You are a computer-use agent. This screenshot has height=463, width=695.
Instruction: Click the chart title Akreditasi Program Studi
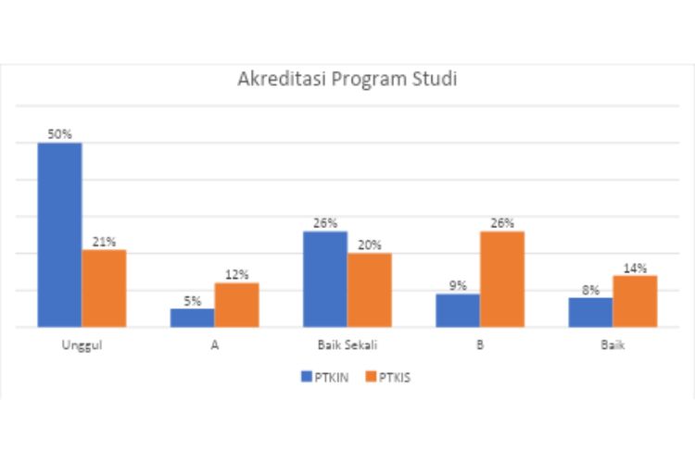[347, 79]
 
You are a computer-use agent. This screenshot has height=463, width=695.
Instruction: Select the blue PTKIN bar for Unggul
[59, 234]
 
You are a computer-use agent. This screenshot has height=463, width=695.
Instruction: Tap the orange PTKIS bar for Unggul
[104, 288]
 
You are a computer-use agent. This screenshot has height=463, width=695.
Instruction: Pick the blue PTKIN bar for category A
[193, 317]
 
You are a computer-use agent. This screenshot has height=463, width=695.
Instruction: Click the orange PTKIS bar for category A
[236, 305]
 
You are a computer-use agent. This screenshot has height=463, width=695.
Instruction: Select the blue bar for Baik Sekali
[325, 279]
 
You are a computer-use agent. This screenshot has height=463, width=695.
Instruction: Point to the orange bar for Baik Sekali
[370, 290]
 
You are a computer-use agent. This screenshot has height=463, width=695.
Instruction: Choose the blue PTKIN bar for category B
[458, 310]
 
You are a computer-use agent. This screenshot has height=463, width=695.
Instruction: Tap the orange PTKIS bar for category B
[502, 279]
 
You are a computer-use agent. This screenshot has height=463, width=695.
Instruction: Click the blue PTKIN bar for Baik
[590, 312]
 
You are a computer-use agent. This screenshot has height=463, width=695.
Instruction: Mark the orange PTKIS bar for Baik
[635, 301]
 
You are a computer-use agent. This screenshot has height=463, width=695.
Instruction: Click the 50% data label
[60, 134]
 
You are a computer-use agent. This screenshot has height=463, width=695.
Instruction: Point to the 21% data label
[104, 242]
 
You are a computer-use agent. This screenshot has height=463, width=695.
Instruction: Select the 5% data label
[193, 300]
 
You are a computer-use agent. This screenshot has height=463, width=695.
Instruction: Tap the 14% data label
[635, 268]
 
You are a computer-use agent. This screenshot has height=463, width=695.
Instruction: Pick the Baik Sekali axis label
[347, 345]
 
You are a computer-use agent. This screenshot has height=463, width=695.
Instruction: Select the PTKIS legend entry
[388, 377]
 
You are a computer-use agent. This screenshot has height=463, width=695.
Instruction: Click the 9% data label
[458, 285]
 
